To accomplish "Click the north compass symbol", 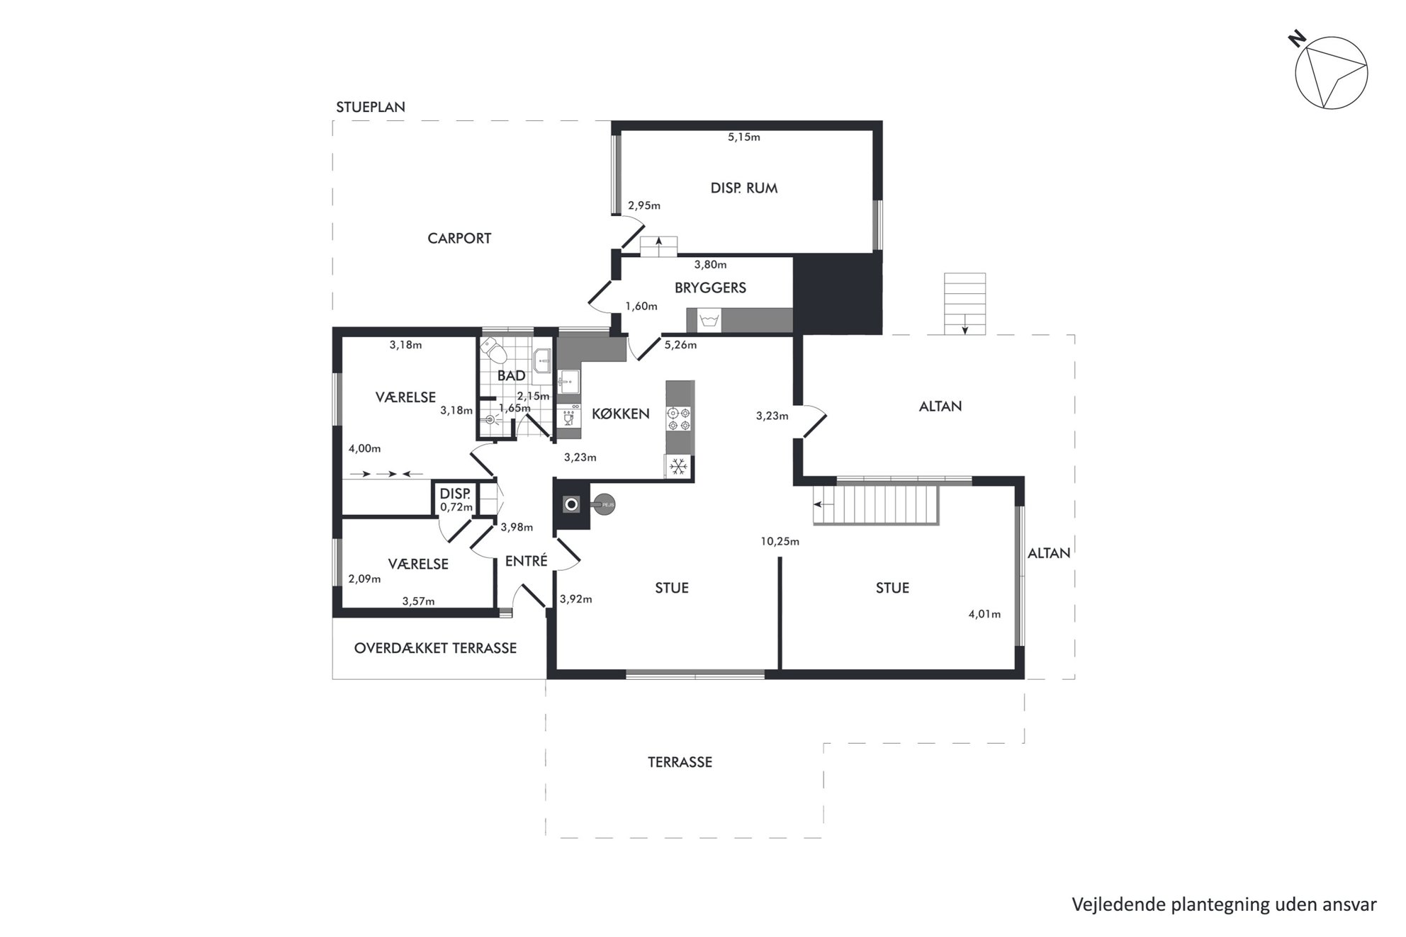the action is coord(1331,73).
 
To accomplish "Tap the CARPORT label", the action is coord(459,239).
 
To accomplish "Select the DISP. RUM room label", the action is coord(743,188).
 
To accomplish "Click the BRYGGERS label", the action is coord(710,288).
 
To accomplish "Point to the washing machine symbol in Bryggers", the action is coord(709,321).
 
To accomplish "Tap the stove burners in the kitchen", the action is coord(680,419).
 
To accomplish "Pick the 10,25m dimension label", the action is coord(780,542).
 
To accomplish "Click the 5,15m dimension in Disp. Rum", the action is coord(743,137).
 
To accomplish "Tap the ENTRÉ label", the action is coord(526,562).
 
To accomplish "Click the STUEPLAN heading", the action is coord(371,108).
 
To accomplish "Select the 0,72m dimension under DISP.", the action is coord(456,507).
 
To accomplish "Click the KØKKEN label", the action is coord(621,414).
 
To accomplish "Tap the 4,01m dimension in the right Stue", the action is coord(984,615).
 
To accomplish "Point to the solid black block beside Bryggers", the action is coord(838,295).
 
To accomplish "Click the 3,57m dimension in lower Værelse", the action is coord(418,602).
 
